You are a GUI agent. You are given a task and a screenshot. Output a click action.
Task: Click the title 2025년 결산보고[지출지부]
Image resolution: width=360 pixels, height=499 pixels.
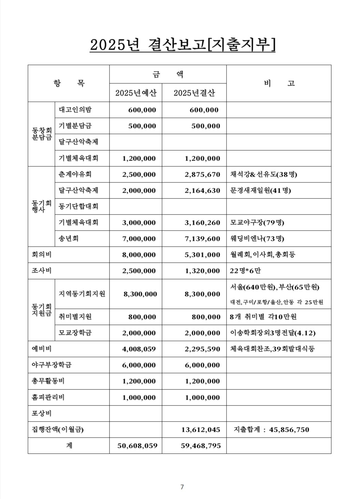182,45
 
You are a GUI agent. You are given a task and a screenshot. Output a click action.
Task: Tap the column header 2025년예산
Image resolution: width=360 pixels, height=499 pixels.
135,93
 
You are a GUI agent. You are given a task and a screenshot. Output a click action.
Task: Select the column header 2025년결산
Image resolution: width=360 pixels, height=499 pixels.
194,93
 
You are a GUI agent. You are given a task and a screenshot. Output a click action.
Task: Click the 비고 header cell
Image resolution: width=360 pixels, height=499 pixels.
279,83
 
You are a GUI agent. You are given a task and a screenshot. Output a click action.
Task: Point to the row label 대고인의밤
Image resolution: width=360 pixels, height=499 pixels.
75,110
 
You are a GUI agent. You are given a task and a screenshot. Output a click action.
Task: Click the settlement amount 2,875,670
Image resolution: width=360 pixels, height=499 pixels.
202,175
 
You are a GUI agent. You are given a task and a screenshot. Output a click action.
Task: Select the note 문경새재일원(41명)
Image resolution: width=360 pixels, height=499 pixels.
260,190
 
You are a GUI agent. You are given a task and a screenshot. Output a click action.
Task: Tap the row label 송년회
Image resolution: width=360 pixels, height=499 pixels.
69,238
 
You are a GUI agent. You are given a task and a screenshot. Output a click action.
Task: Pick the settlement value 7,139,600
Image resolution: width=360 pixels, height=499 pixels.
202,239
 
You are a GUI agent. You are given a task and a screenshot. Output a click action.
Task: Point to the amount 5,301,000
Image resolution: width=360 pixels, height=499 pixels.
202,255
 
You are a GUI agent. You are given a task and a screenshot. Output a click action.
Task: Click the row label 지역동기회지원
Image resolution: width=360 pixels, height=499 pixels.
82,294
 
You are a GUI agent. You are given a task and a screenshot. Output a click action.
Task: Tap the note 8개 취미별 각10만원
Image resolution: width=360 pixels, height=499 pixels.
263,317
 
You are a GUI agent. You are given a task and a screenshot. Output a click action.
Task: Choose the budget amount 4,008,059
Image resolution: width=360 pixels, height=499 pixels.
139,349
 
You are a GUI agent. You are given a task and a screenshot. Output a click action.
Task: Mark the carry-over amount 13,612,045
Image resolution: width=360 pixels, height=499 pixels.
200,430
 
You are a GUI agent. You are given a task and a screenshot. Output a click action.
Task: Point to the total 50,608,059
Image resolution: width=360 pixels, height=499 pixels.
138,446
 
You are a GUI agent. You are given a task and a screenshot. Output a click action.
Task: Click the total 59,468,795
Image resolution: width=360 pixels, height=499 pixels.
201,446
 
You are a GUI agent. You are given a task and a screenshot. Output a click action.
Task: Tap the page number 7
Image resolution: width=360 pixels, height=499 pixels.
182,487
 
